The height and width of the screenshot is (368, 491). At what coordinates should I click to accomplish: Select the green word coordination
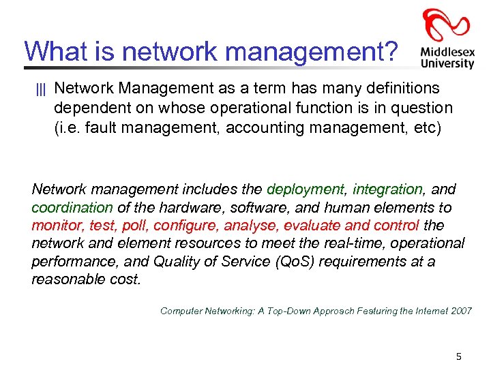pos(72,207)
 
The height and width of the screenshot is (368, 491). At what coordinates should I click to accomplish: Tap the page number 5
pos(459,356)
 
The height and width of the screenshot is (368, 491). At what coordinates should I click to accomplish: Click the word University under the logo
pos(447,63)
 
